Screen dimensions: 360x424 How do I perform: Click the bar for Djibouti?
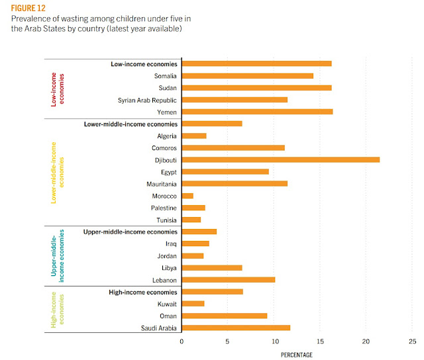pos(280,159)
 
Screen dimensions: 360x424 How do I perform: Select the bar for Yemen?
pos(257,112)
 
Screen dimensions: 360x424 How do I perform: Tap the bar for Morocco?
pos(187,196)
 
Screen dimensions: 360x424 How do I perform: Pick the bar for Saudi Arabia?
pos(236,328)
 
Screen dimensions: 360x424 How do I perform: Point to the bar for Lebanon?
pos(228,280)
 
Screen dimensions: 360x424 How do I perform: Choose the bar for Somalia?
pos(247,75)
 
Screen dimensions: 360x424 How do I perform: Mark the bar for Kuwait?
pos(193,304)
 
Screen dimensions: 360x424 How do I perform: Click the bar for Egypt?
pos(225,171)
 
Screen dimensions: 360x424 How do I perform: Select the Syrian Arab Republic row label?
pos(146,100)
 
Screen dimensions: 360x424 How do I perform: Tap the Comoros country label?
pos(162,148)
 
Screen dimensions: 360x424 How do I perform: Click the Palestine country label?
pos(162,208)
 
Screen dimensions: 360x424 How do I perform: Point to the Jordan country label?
pos(166,255)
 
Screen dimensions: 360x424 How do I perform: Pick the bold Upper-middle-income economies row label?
pos(130,232)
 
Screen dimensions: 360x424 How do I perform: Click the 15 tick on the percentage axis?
pos(320,342)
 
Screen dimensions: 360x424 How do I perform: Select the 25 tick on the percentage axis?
pos(412,342)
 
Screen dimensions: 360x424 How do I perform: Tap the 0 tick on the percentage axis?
pos(182,342)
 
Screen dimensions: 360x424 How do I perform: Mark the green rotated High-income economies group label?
pos(58,310)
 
